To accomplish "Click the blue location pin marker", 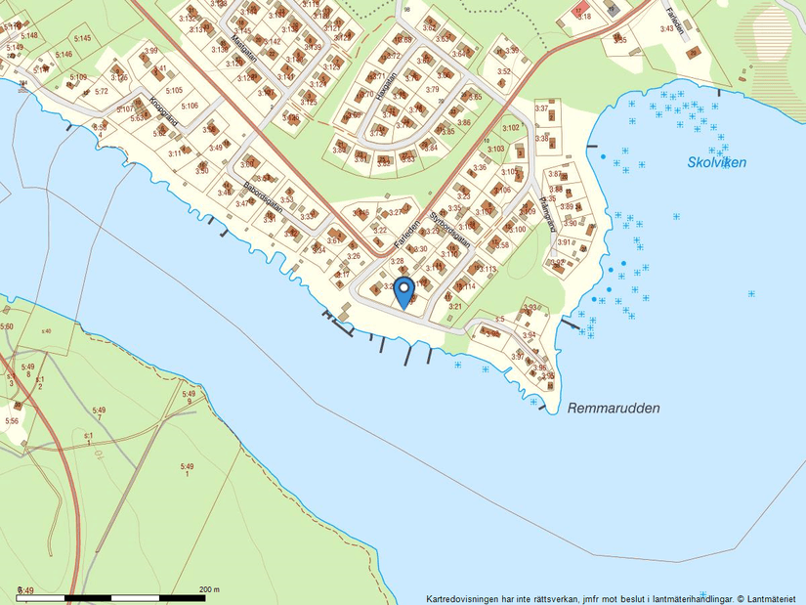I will (403, 290).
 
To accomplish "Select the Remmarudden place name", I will (614, 409).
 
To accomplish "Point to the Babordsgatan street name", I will (262, 193).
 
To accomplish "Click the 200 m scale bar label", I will (209, 589).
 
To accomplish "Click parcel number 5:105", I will (174, 90).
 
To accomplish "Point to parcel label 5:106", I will (190, 106).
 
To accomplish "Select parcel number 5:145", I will (82, 38).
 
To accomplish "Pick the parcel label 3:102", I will (510, 128).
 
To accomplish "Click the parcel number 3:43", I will (667, 29).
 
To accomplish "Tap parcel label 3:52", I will (504, 71).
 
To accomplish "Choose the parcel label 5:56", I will (12, 420).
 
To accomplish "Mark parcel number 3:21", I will (455, 306).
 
